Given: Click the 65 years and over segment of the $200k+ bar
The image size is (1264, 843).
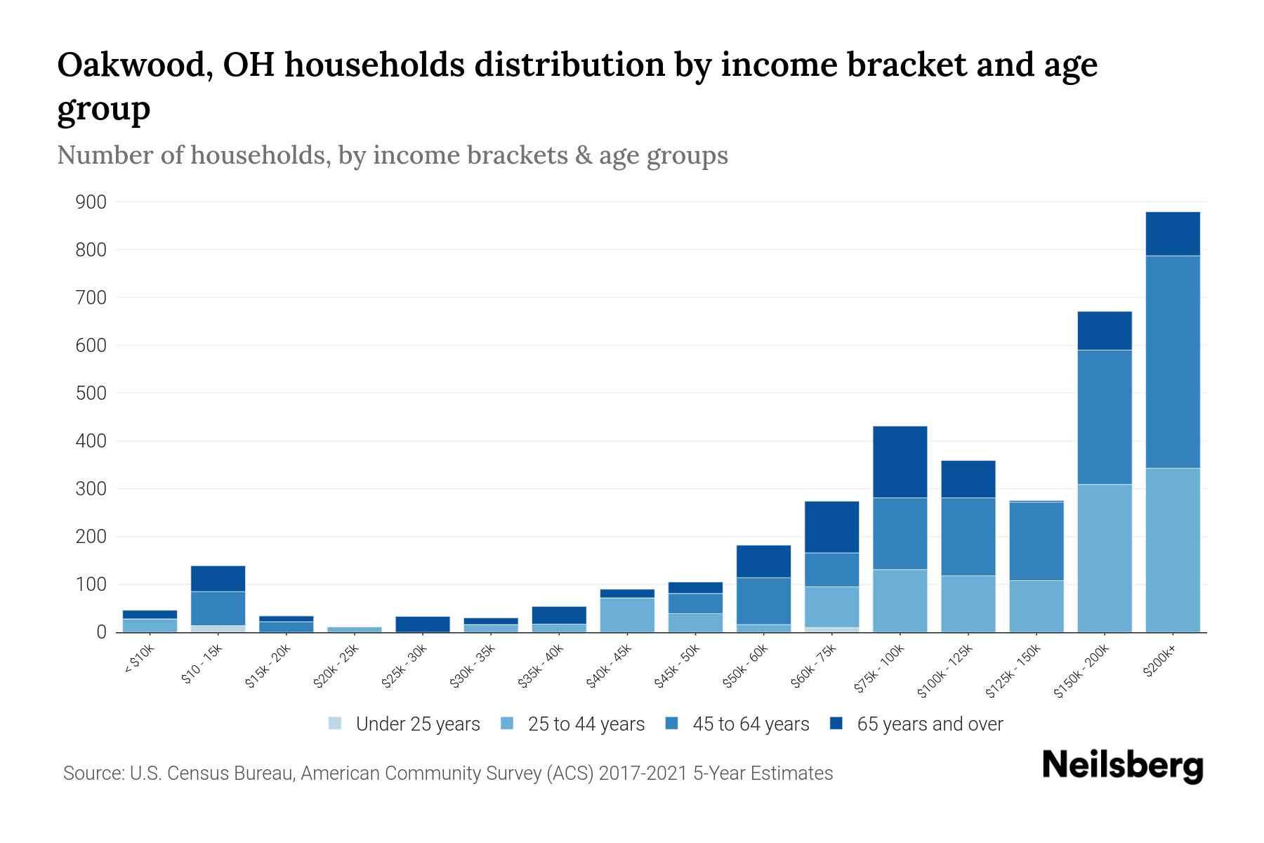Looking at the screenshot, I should tap(1172, 233).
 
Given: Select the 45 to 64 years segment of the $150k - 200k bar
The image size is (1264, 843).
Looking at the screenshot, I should tap(1104, 417).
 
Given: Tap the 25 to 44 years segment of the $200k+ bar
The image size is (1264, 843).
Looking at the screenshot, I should tap(1172, 550).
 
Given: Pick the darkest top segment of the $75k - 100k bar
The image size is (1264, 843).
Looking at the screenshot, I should tap(900, 462).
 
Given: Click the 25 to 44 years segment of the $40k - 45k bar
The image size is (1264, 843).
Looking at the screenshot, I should tap(627, 615).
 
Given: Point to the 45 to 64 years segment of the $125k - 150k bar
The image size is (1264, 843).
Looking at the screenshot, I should tap(1036, 541).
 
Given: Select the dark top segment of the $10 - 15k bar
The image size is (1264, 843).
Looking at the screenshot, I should tap(218, 578).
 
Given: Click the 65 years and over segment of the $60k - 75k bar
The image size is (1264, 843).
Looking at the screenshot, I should tap(831, 527).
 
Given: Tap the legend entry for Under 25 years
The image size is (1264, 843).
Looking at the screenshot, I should tap(418, 724).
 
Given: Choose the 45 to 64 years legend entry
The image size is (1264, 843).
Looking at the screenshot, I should tap(751, 724).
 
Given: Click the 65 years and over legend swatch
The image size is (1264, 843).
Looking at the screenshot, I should tap(836, 724).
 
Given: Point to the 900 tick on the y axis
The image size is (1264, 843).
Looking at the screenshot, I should tap(91, 202).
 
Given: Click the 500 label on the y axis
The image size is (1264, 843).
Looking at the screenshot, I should tap(91, 393).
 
